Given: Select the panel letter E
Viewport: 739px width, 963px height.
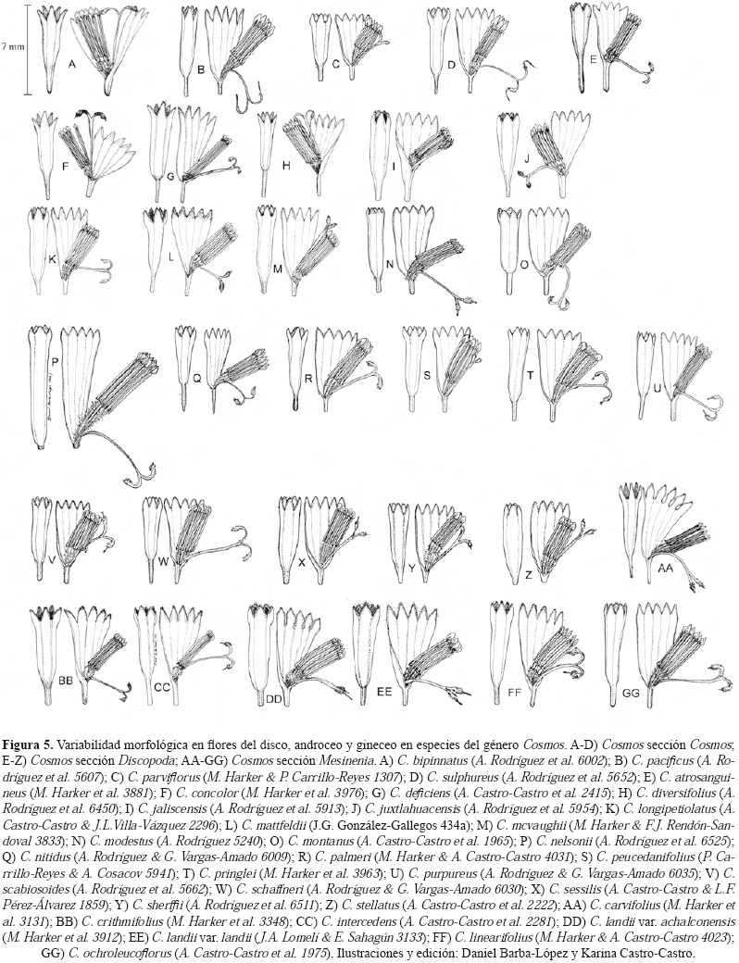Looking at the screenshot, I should (x=593, y=59).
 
